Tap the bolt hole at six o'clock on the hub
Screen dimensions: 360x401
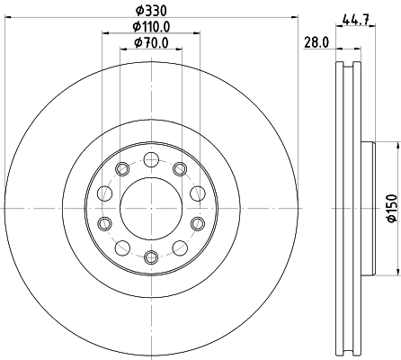pos(150,258)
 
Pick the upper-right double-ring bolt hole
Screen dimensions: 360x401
pos(180,168)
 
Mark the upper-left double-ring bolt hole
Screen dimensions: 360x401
pos(121,168)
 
